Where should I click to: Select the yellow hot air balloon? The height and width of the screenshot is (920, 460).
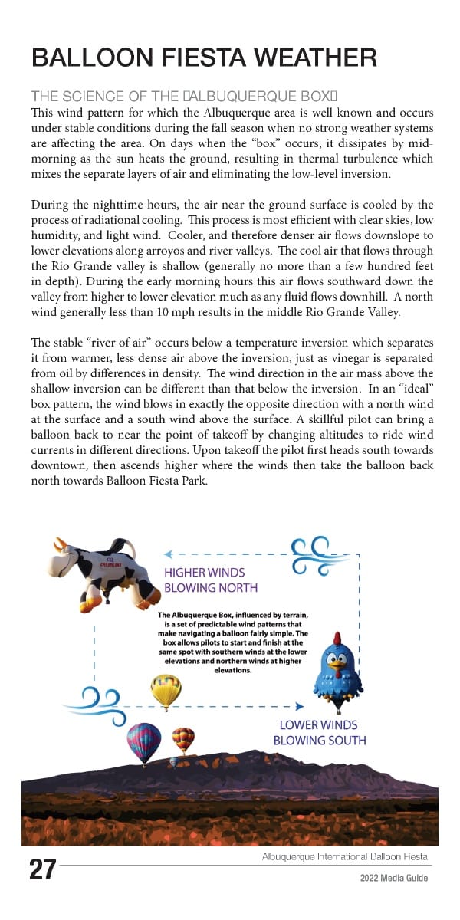click(166, 691)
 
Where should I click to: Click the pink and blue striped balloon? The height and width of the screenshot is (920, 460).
click(144, 742)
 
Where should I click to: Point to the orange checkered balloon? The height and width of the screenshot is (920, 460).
click(183, 740)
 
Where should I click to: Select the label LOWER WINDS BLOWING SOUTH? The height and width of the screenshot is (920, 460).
click(319, 732)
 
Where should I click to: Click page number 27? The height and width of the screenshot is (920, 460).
click(42, 870)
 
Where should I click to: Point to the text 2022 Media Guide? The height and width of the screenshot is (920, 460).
click(394, 878)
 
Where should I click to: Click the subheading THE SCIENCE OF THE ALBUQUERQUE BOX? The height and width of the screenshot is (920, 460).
click(184, 96)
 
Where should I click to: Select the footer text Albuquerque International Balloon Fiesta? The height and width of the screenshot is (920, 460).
click(344, 856)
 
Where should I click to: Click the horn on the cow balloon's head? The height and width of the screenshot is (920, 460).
click(60, 543)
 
